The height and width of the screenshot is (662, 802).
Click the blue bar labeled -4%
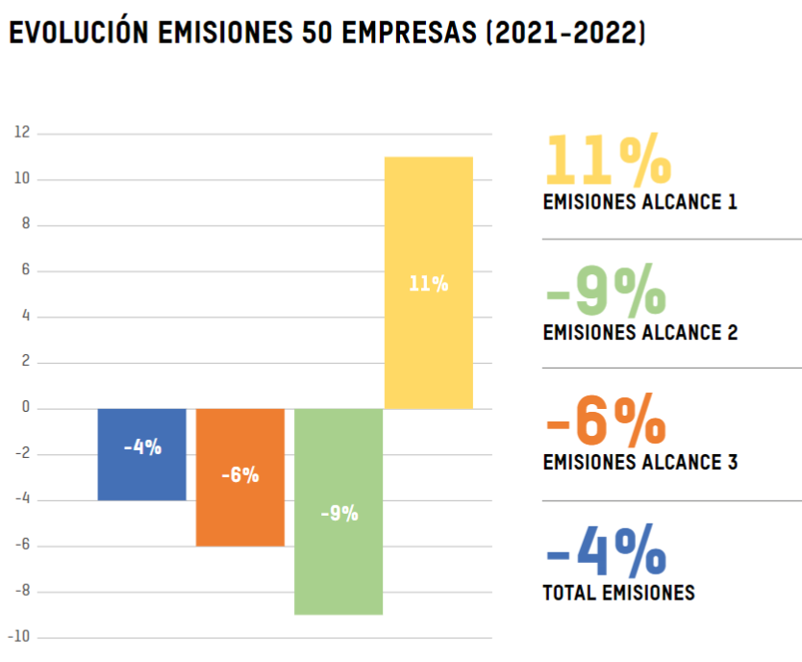pos(141,454)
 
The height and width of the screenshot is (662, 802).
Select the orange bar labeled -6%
pos(239,477)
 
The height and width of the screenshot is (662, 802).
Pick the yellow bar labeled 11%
pos(428,283)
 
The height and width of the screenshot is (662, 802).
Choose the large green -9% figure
pos(605,291)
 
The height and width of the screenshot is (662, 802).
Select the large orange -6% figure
pos(605,420)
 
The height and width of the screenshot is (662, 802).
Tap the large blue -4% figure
pos(605,550)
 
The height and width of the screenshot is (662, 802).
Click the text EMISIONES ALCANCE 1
pos(639,202)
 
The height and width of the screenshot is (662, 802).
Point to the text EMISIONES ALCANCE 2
pos(639,333)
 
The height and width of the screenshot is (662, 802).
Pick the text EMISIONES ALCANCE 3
pos(639,462)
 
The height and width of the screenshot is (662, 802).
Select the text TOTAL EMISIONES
pos(618,593)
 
